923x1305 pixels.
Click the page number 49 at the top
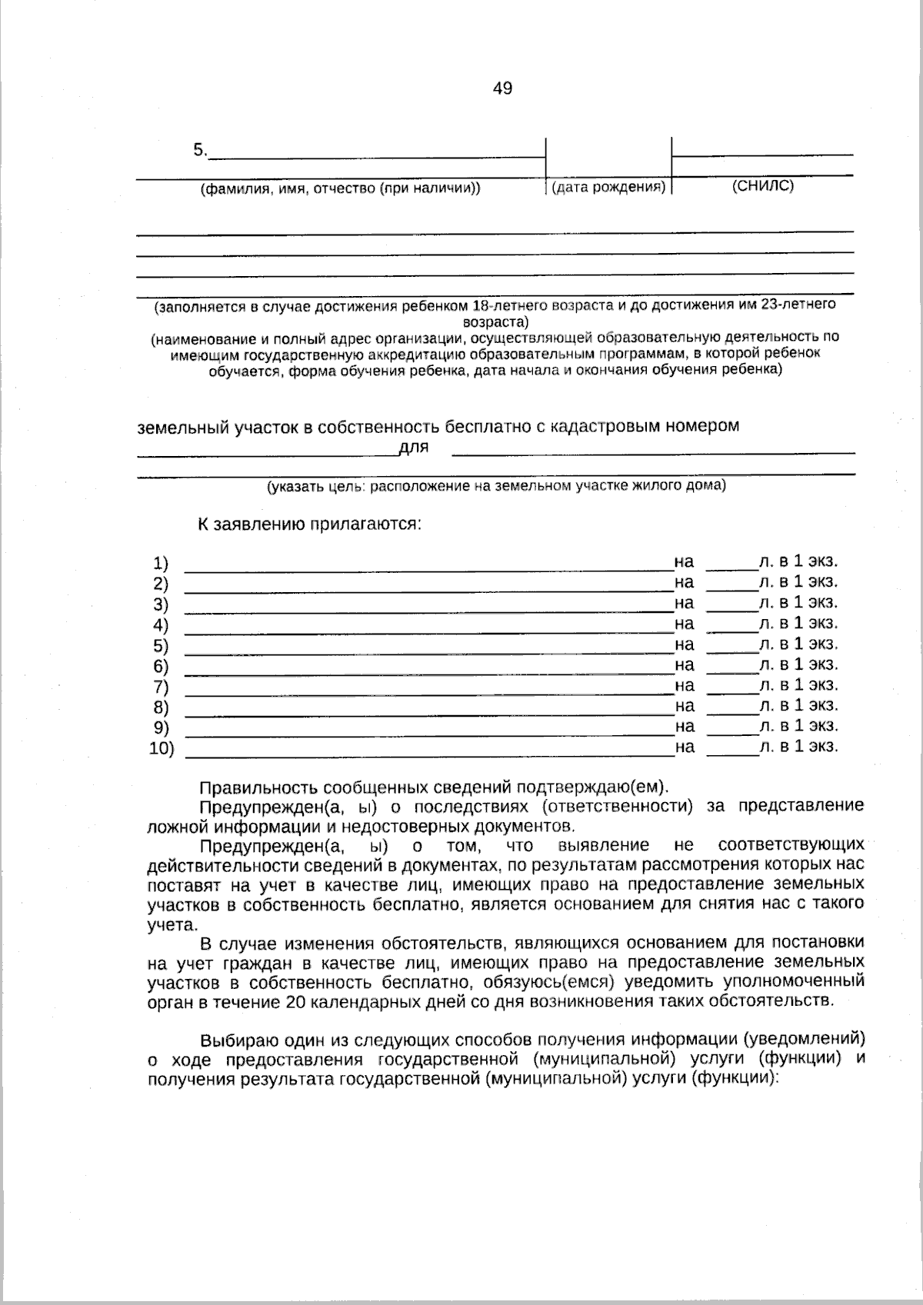tap(502, 88)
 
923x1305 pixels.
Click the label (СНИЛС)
tap(762, 186)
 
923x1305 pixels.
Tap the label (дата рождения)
tap(608, 188)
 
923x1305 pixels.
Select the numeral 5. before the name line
tap(200, 151)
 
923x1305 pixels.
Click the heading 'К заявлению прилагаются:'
tap(310, 524)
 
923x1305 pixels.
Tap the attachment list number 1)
tap(161, 563)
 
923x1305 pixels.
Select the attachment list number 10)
tap(162, 748)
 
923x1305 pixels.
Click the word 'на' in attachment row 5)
tap(685, 644)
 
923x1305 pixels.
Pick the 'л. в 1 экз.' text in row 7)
tap(798, 685)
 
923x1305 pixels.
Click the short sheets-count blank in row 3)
tap(731, 608)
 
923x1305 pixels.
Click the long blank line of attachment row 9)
tap(429, 735)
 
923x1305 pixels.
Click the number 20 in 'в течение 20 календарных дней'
tap(295, 1002)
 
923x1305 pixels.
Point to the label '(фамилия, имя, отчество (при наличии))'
tap(340, 189)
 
